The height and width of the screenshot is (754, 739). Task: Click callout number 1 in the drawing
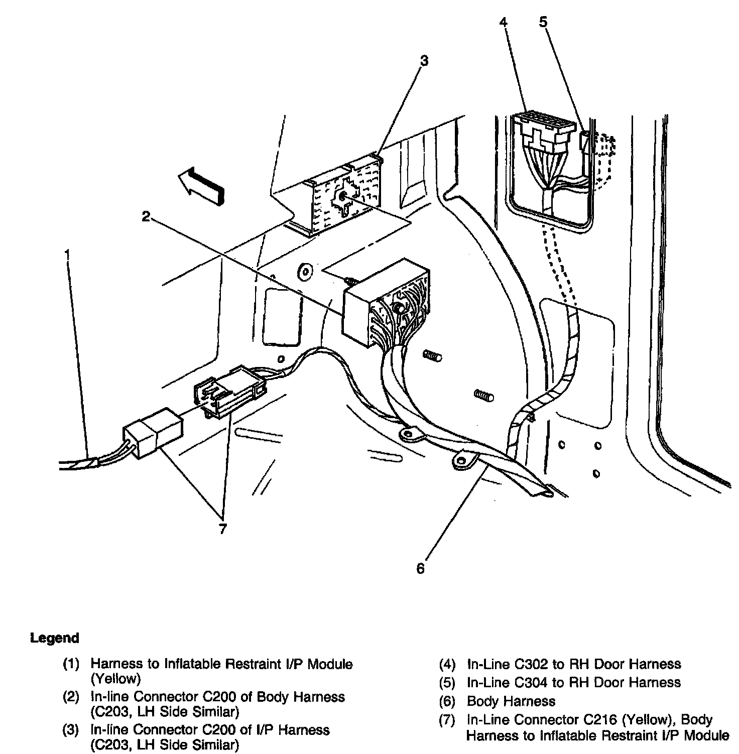tap(67, 255)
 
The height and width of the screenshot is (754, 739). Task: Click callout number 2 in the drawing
tap(146, 216)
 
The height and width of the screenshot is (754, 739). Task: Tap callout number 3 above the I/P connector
tap(424, 61)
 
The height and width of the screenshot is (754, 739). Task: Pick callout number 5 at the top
tap(543, 22)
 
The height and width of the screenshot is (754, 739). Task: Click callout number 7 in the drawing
tap(222, 529)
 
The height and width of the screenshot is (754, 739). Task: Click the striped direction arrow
tap(201, 186)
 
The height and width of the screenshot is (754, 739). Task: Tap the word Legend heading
tap(55, 638)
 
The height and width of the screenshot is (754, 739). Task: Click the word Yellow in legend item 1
tap(116, 679)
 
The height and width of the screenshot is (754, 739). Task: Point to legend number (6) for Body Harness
tap(447, 701)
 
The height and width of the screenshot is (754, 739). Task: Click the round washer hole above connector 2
tap(304, 271)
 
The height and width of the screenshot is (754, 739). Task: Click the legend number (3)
tap(71, 730)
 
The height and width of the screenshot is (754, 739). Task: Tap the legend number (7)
tap(447, 720)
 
